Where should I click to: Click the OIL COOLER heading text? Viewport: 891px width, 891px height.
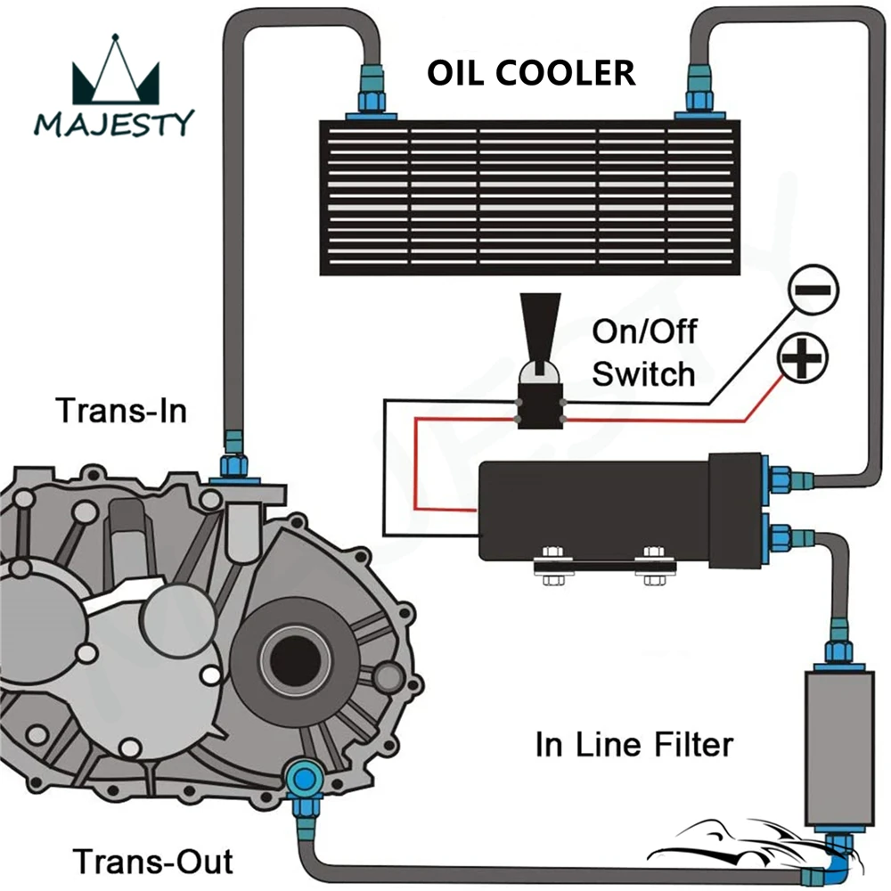tap(531, 73)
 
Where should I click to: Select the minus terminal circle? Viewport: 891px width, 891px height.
tap(813, 290)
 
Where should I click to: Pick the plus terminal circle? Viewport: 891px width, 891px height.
tap(803, 358)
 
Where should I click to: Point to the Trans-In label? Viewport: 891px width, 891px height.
tap(121, 410)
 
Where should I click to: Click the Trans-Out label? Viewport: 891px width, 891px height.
tap(153, 862)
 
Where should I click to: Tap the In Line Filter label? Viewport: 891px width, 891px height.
tap(634, 744)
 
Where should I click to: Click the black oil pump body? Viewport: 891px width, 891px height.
tap(621, 511)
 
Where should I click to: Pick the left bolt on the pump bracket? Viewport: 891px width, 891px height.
tap(552, 566)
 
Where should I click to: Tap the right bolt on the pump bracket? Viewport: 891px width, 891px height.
tap(654, 566)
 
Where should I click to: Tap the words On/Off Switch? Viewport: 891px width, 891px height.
tap(644, 353)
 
